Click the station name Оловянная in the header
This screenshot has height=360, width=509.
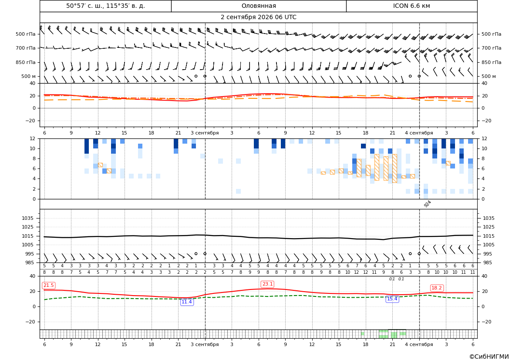[x=259, y=6]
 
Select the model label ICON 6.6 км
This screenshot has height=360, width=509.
[x=411, y=6]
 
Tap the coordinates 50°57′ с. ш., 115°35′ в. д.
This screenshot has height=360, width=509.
[x=105, y=6]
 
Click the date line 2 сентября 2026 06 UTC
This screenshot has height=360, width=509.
[x=258, y=17]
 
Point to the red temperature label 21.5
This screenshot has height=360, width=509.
[x=49, y=285]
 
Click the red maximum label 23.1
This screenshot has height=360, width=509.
[x=267, y=284]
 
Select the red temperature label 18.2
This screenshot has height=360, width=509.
[x=436, y=288]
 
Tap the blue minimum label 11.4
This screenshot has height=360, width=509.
[x=187, y=302]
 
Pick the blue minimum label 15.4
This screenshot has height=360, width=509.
[x=392, y=299]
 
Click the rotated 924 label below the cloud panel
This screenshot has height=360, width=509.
[x=427, y=204]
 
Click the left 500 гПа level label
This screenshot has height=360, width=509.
[x=26, y=34]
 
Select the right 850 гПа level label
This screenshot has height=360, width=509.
[x=491, y=62]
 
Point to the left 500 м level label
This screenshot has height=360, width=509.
[x=28, y=76]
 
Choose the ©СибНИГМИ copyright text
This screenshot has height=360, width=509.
[x=489, y=357]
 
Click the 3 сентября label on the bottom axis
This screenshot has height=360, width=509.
[x=205, y=344]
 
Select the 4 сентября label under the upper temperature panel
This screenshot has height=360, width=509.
[x=419, y=133]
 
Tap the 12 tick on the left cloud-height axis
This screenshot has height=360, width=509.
[x=33, y=138]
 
